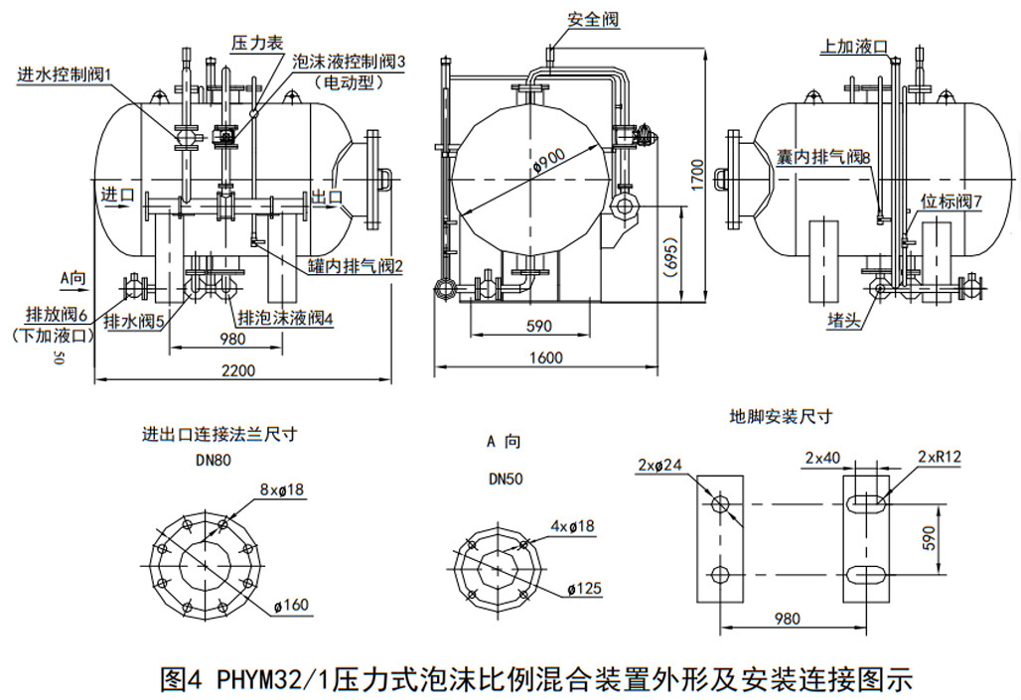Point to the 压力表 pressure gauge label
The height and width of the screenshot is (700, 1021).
coord(257,43)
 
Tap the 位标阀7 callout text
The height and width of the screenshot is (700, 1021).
coord(951,202)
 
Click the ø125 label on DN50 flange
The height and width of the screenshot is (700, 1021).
coord(584,589)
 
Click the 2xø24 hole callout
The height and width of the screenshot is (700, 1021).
coord(660,465)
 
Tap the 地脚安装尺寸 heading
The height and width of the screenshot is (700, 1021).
coord(781,417)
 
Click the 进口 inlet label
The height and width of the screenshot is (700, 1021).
coord(118,195)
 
